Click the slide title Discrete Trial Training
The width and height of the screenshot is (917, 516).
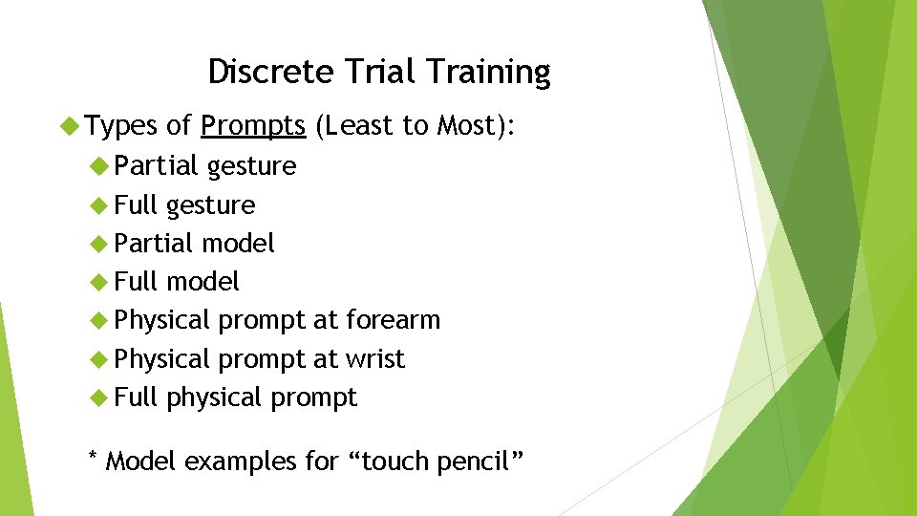tap(379, 72)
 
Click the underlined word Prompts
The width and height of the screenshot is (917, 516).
tap(253, 125)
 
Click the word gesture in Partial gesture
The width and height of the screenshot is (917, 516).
tap(252, 166)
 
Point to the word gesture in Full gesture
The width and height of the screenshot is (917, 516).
tap(210, 205)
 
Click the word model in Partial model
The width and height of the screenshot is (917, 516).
tap(238, 244)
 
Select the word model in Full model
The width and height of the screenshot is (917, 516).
tap(203, 282)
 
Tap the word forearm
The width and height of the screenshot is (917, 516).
tap(394, 320)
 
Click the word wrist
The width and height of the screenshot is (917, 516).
tap(375, 359)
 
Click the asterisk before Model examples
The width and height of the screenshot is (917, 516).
tap(92, 459)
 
